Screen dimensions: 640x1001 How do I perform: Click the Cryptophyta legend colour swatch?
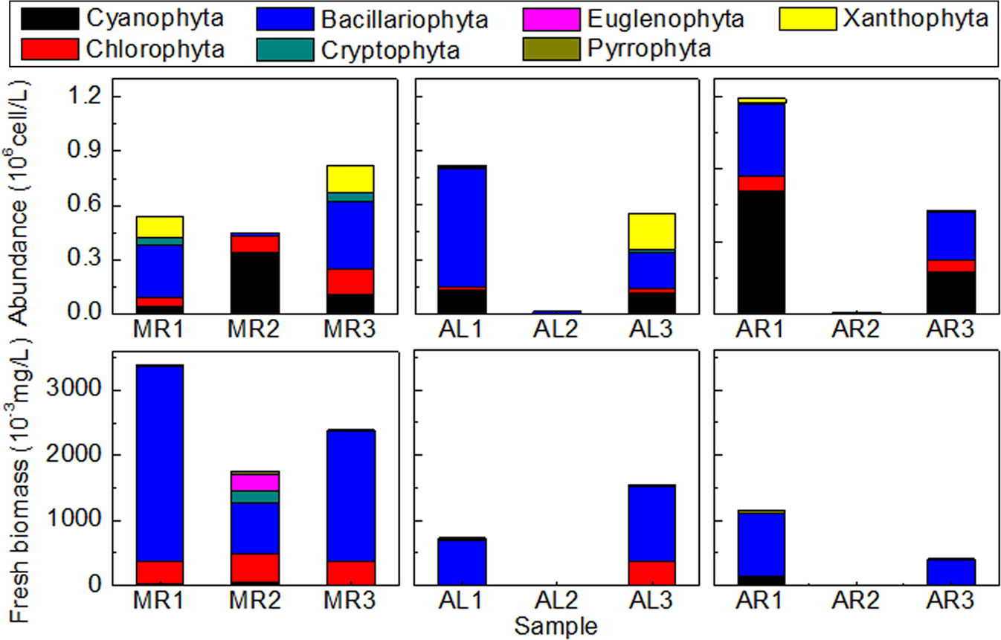coord(287,49)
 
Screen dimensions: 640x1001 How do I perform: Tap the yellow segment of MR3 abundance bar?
coord(350,178)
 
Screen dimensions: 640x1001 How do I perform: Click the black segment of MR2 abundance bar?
coord(255,282)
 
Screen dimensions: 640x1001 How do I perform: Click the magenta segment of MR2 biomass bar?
coord(255,482)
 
